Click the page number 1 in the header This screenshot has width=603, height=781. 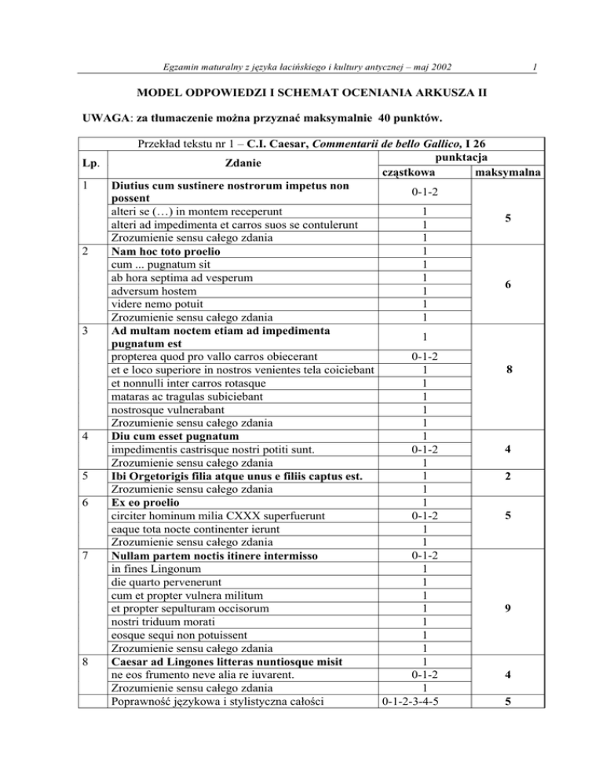coord(533,68)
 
